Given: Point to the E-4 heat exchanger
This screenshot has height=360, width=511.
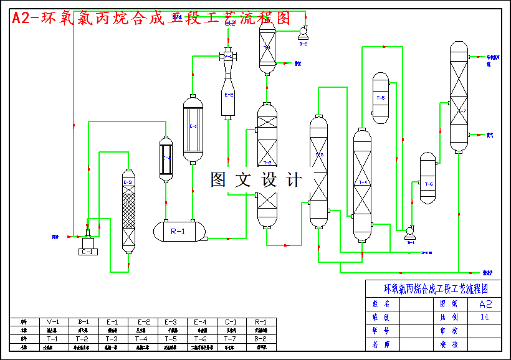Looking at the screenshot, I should tap(166, 159).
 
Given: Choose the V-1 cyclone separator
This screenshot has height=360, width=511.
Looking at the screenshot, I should tap(228, 57).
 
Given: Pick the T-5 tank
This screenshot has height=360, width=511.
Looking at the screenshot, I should tap(380, 98).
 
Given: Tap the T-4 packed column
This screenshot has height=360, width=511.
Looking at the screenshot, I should tap(362, 184).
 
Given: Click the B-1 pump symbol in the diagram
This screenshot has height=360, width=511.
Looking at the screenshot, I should tap(410, 233).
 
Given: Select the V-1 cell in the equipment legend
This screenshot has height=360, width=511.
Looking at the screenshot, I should tap(53, 322).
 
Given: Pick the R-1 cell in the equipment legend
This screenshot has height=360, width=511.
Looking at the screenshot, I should tap(261, 322).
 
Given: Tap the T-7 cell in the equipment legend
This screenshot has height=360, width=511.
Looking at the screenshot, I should tap(231, 339).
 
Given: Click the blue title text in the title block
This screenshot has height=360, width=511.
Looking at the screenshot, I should tap(434, 289).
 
